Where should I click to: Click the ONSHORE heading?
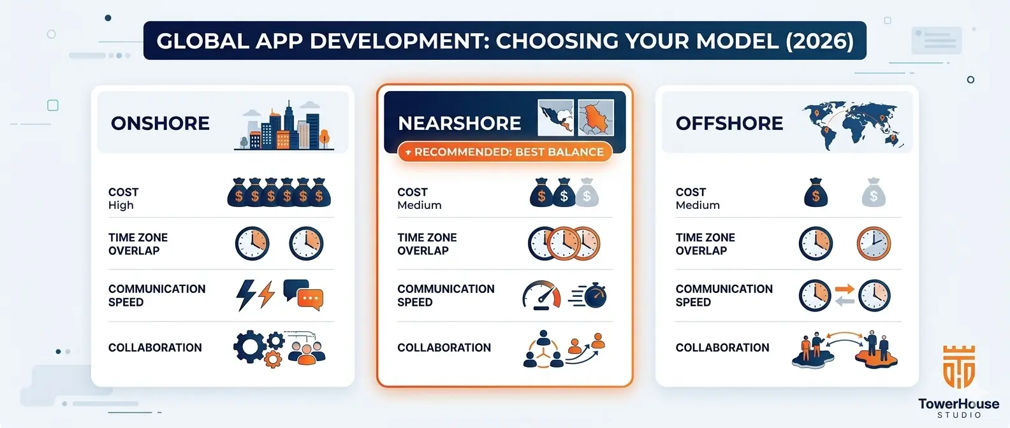point(160,123)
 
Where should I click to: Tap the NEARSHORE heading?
point(459,123)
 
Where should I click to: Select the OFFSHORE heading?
point(729,123)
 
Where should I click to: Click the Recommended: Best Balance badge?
point(505,152)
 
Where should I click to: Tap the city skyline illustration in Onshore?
point(284,126)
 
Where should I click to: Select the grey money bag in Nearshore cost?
point(587,193)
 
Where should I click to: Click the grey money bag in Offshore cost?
point(873,193)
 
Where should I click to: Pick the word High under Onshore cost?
point(121,205)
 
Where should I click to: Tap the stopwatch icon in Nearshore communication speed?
point(595,295)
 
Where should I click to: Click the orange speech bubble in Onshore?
point(311,299)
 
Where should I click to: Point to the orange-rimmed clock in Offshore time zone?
point(873,243)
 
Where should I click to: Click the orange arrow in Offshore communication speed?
point(844,289)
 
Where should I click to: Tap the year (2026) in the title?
point(819,41)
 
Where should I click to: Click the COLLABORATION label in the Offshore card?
point(722,348)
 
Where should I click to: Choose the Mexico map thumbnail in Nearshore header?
point(555,118)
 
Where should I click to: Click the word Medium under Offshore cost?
point(698,205)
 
